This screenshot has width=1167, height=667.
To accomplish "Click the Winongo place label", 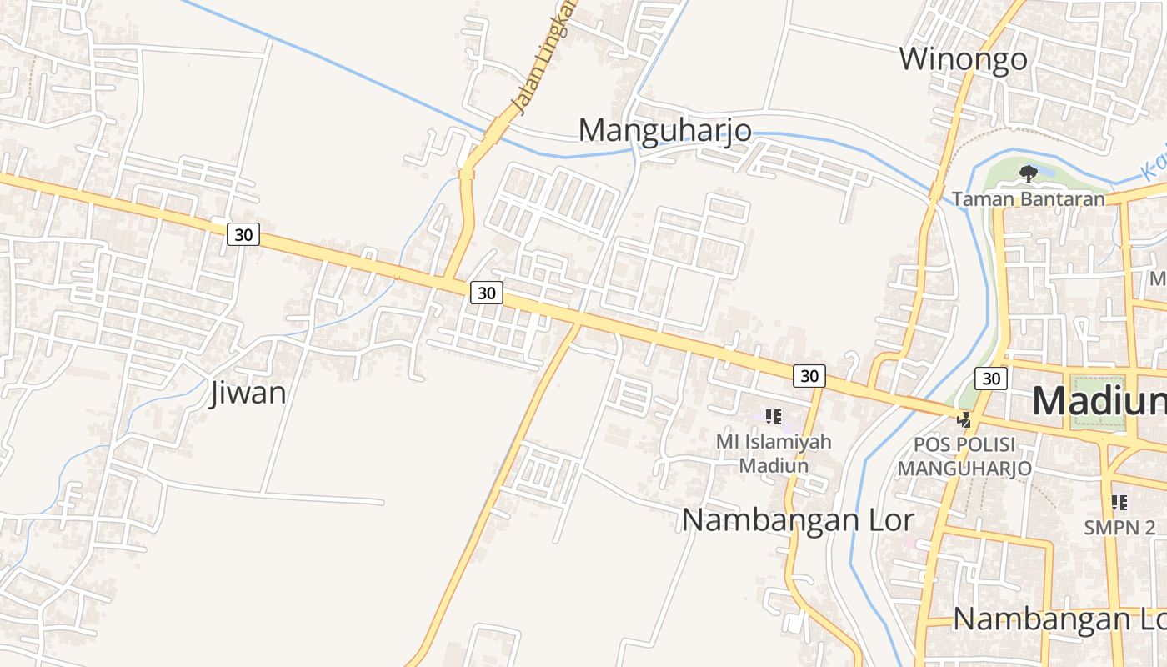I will pos(963,59).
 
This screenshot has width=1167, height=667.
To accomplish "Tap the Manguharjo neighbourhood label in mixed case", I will pos(664,131).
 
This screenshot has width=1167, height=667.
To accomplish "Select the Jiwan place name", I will pos(248,392).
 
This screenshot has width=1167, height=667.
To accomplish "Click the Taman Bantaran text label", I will pos(1028,198).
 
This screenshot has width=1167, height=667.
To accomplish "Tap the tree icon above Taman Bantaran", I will pos(1029,174).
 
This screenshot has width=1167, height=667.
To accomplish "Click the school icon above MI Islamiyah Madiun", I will pos(773,417).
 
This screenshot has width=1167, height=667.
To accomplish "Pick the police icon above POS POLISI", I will pos(964,419).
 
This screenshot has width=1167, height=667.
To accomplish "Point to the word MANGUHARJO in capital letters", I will pos(964,469).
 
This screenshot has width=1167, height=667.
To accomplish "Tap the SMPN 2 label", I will pos(1119,527).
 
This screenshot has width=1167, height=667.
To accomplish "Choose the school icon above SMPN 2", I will pos(1119,503).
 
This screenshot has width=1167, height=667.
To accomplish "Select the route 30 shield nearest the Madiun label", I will pos(990,379).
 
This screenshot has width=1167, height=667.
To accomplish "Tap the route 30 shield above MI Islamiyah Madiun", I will pos(809,376).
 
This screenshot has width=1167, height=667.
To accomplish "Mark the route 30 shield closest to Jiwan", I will pos(243,235).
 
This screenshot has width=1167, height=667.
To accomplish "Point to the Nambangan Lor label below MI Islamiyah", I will pos(798,520).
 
